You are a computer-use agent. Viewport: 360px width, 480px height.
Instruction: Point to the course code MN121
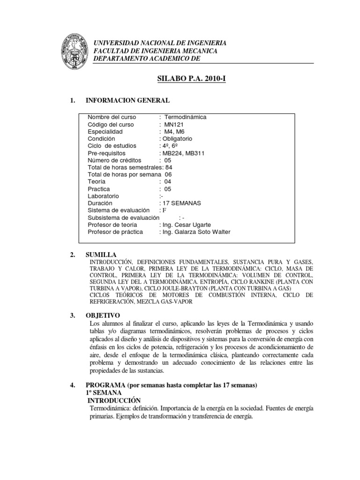click(175, 125)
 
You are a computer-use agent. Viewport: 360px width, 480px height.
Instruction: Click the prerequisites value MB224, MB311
click(183, 153)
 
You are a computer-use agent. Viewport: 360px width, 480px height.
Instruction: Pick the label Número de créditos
click(114, 160)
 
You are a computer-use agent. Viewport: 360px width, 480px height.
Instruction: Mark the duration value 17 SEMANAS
click(180, 203)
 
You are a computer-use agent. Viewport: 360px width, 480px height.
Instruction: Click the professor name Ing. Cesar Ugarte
click(187, 225)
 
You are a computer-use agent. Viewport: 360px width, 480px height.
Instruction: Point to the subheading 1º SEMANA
click(103, 392)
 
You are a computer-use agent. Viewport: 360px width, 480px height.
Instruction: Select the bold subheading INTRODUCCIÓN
click(114, 400)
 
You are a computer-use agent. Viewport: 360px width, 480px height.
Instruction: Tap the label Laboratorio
click(104, 196)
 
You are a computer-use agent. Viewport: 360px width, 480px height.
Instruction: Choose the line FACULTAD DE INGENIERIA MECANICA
click(156, 51)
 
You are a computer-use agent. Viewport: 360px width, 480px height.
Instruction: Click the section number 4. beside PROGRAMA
click(72, 385)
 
